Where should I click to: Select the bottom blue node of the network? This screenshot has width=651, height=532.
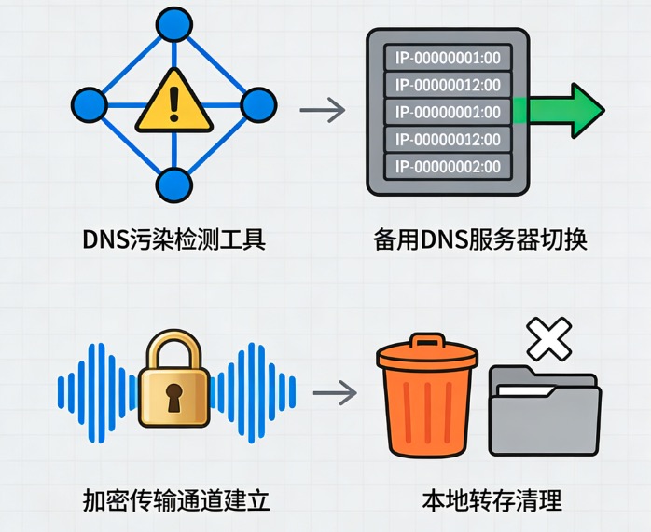[173, 184]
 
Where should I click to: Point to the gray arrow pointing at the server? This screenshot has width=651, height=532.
[322, 111]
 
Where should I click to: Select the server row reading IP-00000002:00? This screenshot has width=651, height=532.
[447, 167]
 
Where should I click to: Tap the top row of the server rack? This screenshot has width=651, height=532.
[447, 58]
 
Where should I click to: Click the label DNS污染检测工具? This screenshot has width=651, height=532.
[173, 239]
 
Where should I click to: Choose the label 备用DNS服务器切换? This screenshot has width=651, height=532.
[480, 239]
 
